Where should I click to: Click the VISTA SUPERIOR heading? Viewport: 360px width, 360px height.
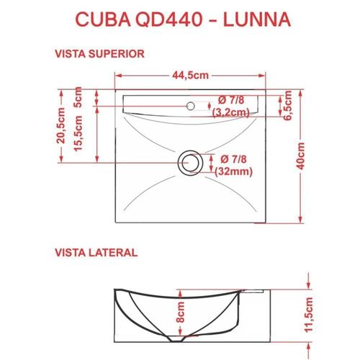pos(102,53)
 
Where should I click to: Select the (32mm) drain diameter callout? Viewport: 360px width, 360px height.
pos(232,171)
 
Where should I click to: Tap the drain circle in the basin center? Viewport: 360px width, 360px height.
pos(189,162)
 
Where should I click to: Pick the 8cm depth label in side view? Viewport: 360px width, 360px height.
pos(181,312)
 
